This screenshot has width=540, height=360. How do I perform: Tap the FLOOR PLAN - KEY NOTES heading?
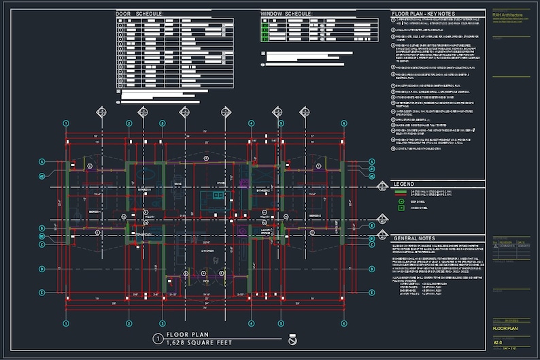422,14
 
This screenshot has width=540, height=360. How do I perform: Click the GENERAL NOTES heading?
414,238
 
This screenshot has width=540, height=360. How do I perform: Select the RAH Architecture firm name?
507,14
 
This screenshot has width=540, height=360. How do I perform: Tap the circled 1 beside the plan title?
158,338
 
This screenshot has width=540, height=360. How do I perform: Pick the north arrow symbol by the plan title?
293,340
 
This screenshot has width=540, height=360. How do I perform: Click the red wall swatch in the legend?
401,191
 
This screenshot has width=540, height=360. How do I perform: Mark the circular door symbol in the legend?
401,201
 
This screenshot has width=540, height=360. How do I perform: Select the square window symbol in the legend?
401,208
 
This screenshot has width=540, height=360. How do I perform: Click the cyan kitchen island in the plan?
218,196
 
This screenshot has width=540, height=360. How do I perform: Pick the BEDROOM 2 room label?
315,216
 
